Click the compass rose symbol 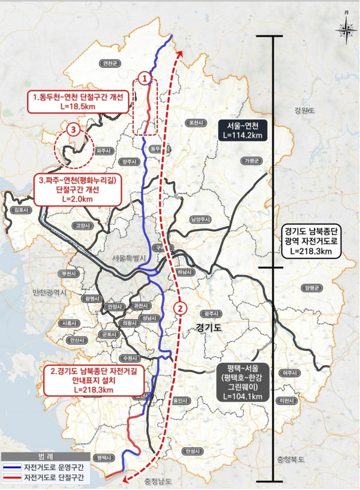346,28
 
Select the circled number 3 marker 73,129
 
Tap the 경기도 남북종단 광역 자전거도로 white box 310,242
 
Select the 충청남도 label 158,481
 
